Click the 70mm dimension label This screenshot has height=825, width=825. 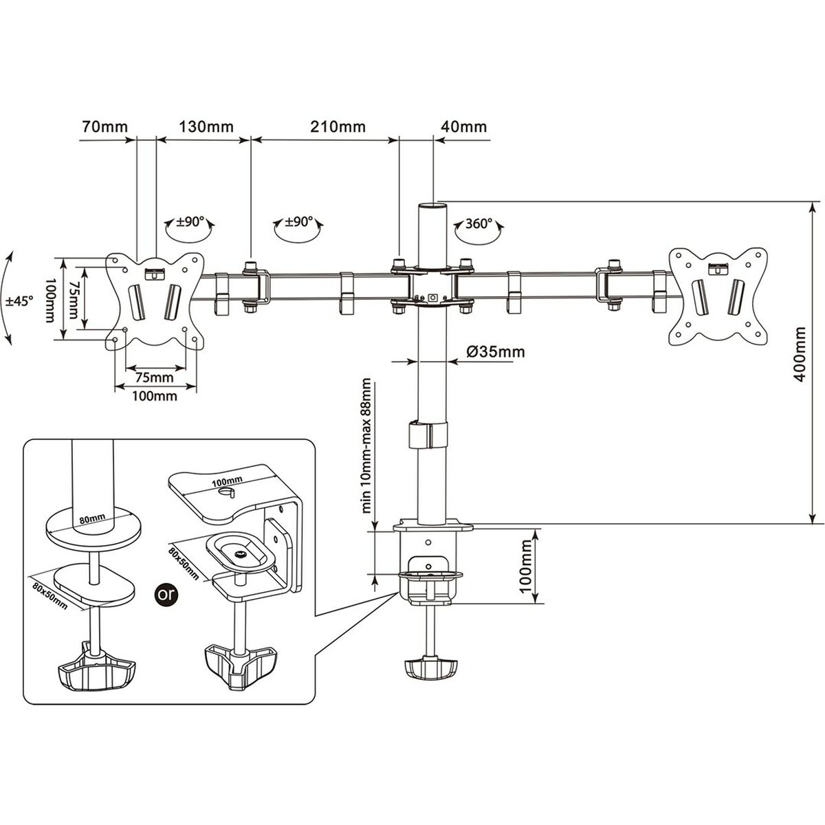tap(100, 126)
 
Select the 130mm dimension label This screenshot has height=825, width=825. tap(206, 126)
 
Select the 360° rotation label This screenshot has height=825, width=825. tap(478, 223)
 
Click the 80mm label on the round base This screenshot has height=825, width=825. tap(91, 517)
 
